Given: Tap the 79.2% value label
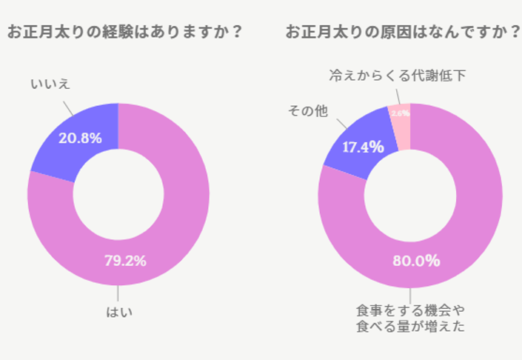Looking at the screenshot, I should click(125, 261).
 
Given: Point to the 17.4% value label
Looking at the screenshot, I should click(363, 147).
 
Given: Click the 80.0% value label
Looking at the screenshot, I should click(416, 261).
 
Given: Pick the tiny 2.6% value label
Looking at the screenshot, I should click(401, 113).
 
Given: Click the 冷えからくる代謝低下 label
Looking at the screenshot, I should click(398, 76).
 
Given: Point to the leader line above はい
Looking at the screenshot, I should click(118, 293).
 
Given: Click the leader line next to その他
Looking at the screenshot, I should click(341, 124).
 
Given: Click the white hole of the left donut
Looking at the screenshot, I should click(118, 194).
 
